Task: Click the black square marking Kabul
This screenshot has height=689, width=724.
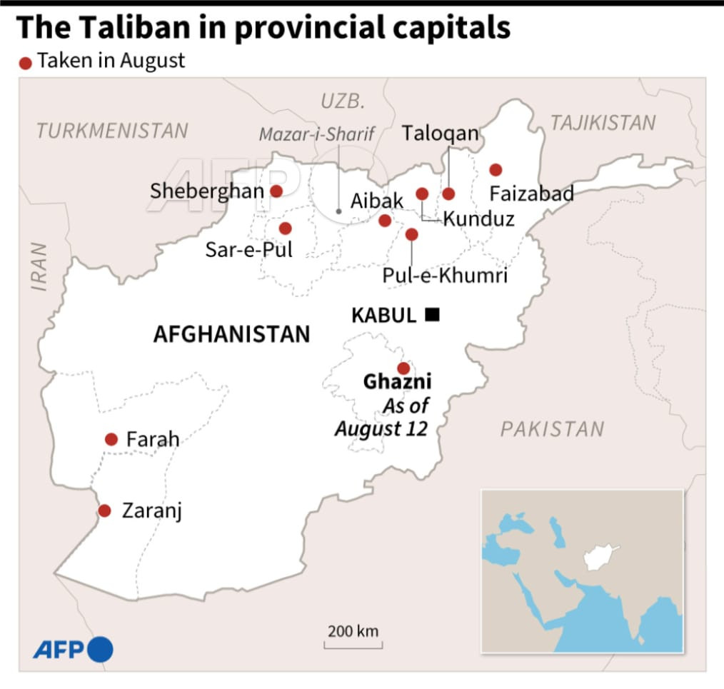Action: (432, 314)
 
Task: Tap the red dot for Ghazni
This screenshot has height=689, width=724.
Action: (403, 368)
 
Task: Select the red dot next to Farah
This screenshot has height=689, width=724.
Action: (111, 439)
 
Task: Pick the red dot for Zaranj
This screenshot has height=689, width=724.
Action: (105, 511)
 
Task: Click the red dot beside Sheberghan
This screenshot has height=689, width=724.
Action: (276, 191)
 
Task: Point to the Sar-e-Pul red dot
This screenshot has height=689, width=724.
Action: (286, 228)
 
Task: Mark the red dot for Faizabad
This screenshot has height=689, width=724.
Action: (496, 170)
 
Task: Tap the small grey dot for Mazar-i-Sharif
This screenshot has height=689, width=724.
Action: (338, 212)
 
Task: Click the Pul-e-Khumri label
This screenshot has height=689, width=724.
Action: (445, 275)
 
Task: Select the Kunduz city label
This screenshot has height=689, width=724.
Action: (478, 218)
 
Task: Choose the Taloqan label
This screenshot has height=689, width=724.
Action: (440, 134)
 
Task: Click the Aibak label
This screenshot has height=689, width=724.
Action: (377, 201)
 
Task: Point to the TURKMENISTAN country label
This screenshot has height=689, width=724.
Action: (113, 131)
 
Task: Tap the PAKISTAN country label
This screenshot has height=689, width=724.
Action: (552, 429)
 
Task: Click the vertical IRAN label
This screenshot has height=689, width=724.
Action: (39, 267)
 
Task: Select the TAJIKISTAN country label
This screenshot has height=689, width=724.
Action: (603, 123)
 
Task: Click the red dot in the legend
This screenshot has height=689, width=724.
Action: (26, 64)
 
